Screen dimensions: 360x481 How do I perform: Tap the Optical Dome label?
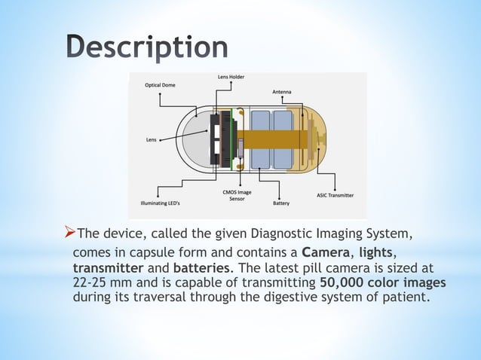click(x=160, y=85)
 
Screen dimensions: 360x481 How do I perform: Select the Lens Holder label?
click(x=230, y=77)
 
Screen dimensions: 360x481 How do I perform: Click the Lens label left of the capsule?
click(x=152, y=139)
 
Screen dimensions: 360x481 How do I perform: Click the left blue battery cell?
click(x=260, y=139)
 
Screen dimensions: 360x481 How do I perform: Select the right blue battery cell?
click(x=283, y=139)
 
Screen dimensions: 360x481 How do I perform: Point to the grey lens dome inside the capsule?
click(x=198, y=141)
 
